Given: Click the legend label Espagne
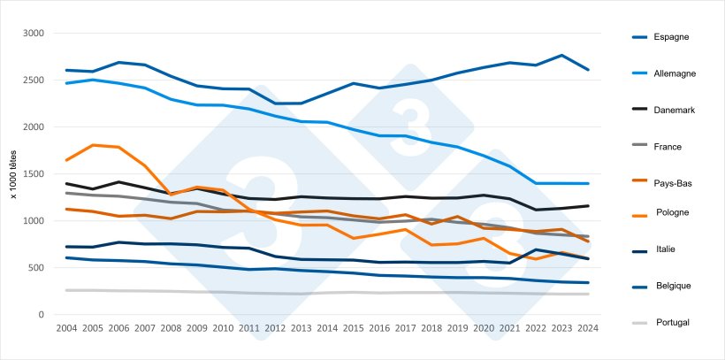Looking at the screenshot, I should [672, 36].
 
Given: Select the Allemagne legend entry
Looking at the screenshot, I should [675, 73].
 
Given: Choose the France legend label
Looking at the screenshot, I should [668, 146].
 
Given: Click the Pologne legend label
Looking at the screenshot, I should [673, 212].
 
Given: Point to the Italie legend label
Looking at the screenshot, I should [665, 249].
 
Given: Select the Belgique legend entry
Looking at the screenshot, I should [673, 286].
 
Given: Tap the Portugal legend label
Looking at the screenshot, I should [672, 322].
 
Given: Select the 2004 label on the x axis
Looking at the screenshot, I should [66, 328].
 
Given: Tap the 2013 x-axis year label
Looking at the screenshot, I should [302, 328].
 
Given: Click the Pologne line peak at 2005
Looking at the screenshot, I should [93, 145].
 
